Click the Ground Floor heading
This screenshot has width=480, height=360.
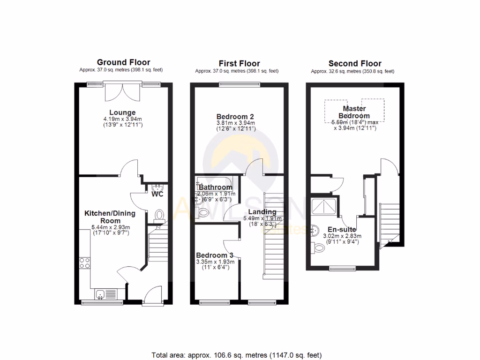pos(123,62)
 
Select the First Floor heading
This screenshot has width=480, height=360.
pos(239,63)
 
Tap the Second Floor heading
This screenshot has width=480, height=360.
pos(355,63)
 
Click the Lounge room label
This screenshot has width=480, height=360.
pos(122,112)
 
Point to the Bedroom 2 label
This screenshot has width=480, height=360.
pos(235,116)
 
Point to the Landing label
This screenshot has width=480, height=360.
pos(262,212)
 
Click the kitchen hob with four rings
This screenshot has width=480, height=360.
pos(85,263)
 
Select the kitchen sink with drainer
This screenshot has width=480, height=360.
pos(105,294)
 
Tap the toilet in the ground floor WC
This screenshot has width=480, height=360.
pos(159,214)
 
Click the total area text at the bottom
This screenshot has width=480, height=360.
pos(237,355)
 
